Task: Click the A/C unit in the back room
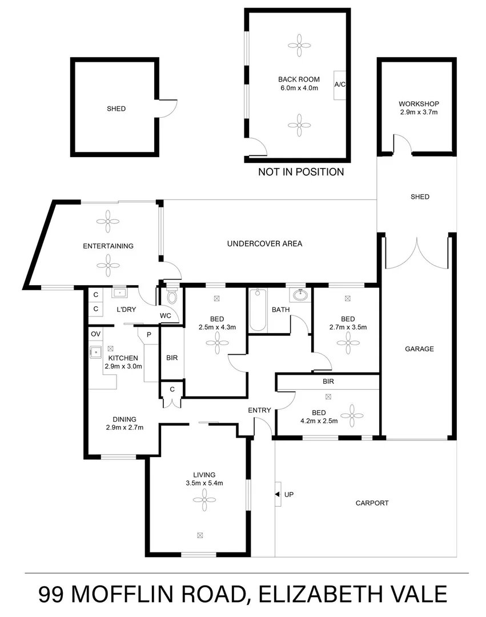coord(340,85)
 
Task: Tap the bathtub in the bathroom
coord(258,310)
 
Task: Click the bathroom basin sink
coord(299,295)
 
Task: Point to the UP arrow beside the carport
coord(278,495)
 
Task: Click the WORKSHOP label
coord(418,104)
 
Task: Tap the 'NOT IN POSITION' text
coord(301,172)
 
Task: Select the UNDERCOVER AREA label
coord(264,244)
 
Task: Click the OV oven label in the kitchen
coord(95,334)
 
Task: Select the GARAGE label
coord(419,349)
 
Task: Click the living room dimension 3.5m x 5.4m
coord(204,483)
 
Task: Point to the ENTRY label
coord(259,410)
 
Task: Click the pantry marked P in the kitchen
coord(148,335)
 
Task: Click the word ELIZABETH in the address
coord(322,595)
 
